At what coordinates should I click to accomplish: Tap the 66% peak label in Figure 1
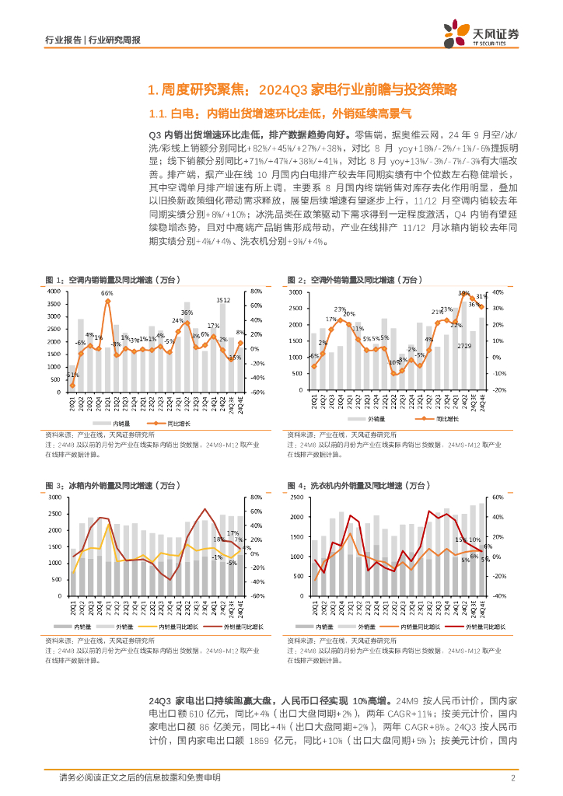point(107,293)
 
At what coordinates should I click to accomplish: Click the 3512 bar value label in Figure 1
point(222,299)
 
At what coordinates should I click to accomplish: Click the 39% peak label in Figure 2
point(463,294)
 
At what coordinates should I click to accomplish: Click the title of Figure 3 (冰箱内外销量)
point(113,485)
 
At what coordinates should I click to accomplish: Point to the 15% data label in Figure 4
point(461,539)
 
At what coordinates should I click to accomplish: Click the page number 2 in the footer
point(513,777)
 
